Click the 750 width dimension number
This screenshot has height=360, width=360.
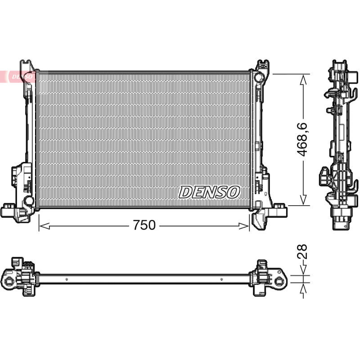click(144, 225)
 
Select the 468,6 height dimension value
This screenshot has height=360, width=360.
click(302, 139)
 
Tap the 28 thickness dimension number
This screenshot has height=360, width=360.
click(302, 251)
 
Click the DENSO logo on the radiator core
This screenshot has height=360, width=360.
click(209, 192)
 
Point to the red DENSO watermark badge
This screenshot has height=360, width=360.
click(18, 76)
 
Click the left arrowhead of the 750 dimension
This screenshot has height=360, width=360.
click(44, 226)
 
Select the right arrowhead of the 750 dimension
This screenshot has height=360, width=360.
click(244, 226)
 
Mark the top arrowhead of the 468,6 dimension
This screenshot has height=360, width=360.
click(303, 80)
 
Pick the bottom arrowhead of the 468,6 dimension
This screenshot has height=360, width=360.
click(303, 200)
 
